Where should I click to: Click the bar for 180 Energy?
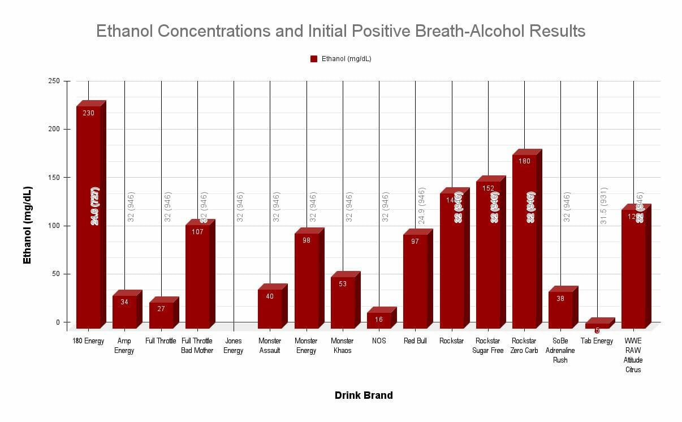[88, 221]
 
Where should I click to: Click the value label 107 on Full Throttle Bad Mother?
[197, 232]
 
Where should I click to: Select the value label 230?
[88, 113]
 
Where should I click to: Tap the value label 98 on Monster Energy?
[307, 240]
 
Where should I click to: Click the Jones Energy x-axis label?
[234, 346]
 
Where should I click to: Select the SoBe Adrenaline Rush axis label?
[560, 350]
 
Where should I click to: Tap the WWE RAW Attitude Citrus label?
[633, 355]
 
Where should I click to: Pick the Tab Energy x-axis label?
[597, 341]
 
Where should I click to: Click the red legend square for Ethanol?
[314, 59]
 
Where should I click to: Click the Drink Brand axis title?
[364, 395]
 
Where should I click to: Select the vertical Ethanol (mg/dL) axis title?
[27, 225]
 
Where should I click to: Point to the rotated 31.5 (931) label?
[603, 205]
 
